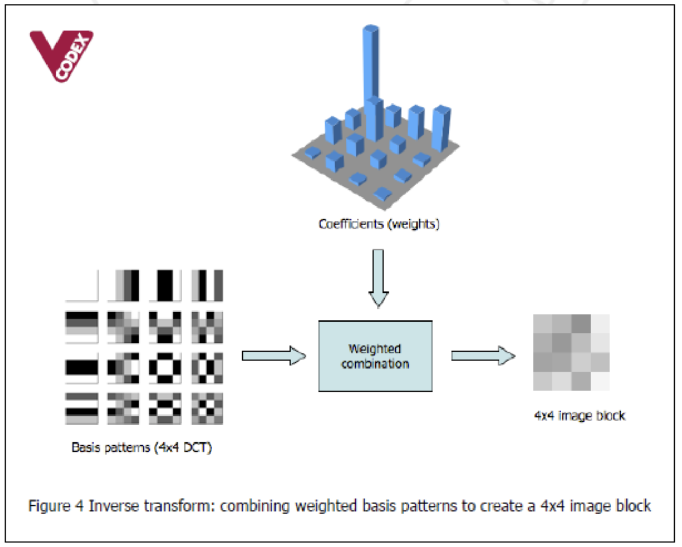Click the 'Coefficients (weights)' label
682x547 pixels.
(379, 224)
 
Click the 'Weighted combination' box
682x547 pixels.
(375, 356)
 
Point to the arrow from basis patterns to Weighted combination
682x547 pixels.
(273, 355)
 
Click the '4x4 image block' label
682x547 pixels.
(579, 416)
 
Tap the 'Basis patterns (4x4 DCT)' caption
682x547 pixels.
(141, 448)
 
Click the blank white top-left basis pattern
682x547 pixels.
(82, 286)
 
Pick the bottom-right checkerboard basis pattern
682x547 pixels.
(207, 408)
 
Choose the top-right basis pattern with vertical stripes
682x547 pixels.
(207, 286)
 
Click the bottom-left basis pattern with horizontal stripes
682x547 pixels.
(82, 408)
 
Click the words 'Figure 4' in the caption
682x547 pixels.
(55, 506)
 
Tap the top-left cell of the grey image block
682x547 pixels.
(542, 323)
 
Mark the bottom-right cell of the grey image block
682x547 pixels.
(600, 381)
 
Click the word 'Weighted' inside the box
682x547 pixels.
(375, 349)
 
